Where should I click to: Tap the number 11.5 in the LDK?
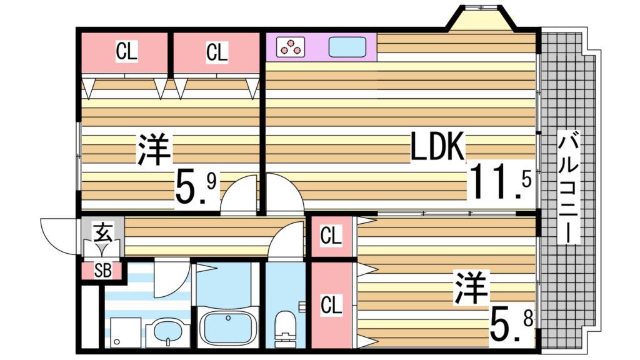pos(500,181)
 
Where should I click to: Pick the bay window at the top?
pos(481,19)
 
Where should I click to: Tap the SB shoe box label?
pos(102,271)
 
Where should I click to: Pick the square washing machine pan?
pos(124,332)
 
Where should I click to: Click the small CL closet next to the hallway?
pos(331,236)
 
